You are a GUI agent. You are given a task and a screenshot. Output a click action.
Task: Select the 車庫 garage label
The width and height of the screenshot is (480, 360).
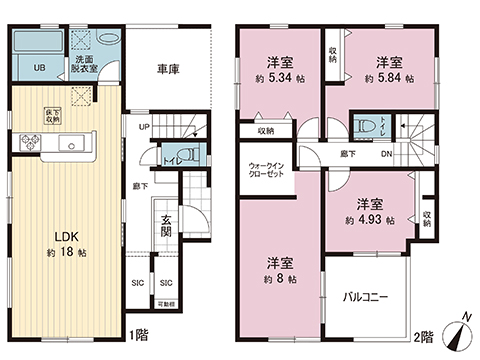pos(169,71)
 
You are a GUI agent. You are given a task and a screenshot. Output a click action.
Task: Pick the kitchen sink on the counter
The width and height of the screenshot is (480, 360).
pos(72,145)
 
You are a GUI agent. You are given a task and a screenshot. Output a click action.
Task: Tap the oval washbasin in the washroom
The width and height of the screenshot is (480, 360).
pos(107,42)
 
